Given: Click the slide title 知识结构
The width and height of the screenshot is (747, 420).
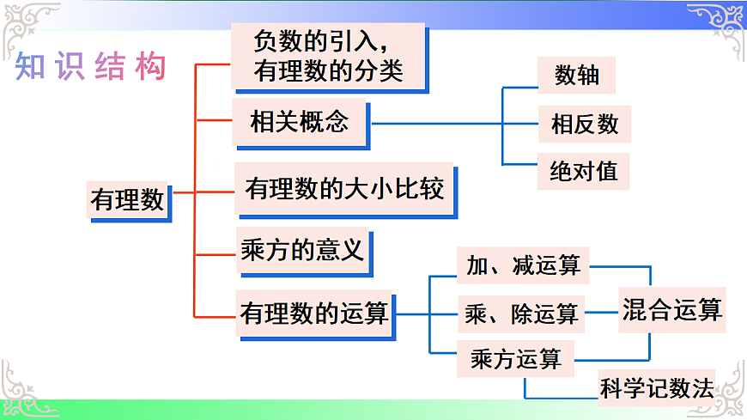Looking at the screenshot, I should click(x=90, y=68).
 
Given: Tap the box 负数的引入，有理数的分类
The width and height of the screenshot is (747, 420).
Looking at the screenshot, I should click(x=329, y=56).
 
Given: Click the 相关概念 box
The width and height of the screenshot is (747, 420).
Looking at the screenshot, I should click(x=300, y=123).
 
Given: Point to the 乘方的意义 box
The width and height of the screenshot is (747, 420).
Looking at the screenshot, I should click(x=303, y=249).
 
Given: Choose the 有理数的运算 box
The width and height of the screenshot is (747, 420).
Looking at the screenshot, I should click(x=314, y=313).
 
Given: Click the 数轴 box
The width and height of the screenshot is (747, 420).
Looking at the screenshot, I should click(x=577, y=76).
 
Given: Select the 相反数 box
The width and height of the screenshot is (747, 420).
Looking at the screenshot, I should click(x=584, y=124).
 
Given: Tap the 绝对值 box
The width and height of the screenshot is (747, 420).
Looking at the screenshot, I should click(x=583, y=171).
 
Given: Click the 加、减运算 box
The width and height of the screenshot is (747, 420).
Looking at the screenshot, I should click(x=523, y=265).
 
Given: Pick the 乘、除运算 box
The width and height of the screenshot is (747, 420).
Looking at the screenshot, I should click(x=521, y=313).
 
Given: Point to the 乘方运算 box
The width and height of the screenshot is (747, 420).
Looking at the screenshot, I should click(x=516, y=359).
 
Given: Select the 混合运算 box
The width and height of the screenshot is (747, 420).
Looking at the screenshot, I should click(x=671, y=310).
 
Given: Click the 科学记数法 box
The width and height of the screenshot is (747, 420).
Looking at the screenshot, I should click(x=657, y=388).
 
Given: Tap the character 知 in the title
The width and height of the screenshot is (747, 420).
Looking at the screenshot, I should click(x=31, y=68).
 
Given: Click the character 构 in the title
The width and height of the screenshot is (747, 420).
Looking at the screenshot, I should click(x=149, y=68).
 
